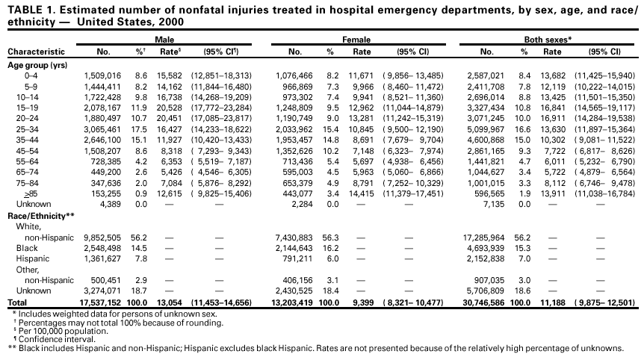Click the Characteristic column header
(x=36, y=52)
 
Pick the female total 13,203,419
(x=294, y=301)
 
